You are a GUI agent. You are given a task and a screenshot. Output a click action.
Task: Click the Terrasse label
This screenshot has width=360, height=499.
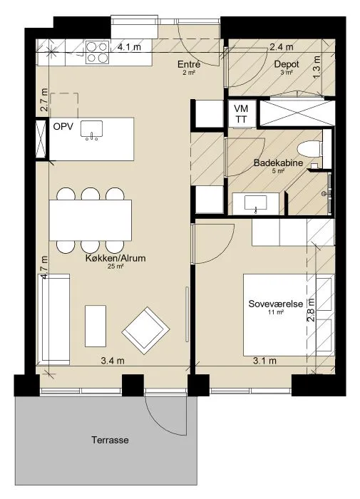pos(110,440)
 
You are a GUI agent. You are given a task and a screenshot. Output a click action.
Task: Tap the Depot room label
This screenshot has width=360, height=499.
pos(287,64)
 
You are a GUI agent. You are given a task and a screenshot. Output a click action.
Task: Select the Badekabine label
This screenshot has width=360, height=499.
pos(278,163)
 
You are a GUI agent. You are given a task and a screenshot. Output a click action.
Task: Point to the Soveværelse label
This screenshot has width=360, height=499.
pos(276,304)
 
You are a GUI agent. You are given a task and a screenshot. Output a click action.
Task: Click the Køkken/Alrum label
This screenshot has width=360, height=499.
pos(115,258)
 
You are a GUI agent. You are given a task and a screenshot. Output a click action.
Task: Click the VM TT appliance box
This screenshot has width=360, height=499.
pos(241,113)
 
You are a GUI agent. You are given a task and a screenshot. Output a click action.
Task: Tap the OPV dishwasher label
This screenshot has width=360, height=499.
pos(63,126)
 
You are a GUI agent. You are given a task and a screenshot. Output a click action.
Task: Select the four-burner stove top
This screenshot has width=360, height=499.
pos(97,52)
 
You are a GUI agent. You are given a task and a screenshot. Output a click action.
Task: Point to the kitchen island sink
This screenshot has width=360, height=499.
pos(92,130)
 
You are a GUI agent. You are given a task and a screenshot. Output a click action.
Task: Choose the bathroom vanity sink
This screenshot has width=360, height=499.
pos(256,204)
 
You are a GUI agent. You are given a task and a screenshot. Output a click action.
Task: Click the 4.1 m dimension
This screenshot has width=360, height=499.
pos(129,47)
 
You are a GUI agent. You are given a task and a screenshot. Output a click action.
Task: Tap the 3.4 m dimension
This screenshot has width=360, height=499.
pos(113,361)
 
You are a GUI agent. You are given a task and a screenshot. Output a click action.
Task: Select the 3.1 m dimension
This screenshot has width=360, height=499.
pos(264,361)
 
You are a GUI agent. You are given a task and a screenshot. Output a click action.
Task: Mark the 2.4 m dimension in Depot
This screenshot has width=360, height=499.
pos(282,47)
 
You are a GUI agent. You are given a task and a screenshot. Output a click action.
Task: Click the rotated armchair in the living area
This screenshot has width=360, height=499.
pos(145,331)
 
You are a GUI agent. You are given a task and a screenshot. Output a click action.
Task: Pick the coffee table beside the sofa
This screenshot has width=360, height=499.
pos(96,326)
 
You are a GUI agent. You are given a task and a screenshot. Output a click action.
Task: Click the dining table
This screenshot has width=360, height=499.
pos(91,220)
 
